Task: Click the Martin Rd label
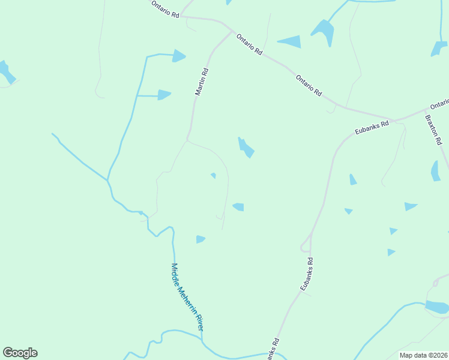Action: (x=202, y=81)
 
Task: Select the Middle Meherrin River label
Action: (x=187, y=297)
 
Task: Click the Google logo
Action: (x=20, y=353)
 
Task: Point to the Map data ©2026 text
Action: (x=424, y=355)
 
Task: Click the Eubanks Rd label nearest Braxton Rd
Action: (x=371, y=128)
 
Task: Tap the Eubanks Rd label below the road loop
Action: (x=307, y=274)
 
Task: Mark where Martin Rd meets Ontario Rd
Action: (x=232, y=31)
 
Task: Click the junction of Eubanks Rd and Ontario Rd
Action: (x=394, y=120)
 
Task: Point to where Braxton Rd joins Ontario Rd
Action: (x=427, y=109)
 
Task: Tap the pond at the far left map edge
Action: (x=6, y=71)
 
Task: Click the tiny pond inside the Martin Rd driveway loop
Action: (x=213, y=175)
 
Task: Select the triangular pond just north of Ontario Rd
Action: (x=291, y=41)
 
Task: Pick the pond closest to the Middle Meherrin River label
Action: (x=200, y=239)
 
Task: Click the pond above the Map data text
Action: (x=436, y=307)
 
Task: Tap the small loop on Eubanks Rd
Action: (x=305, y=246)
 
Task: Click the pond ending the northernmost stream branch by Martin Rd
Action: (x=179, y=56)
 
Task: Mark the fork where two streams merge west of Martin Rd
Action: (x=108, y=179)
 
